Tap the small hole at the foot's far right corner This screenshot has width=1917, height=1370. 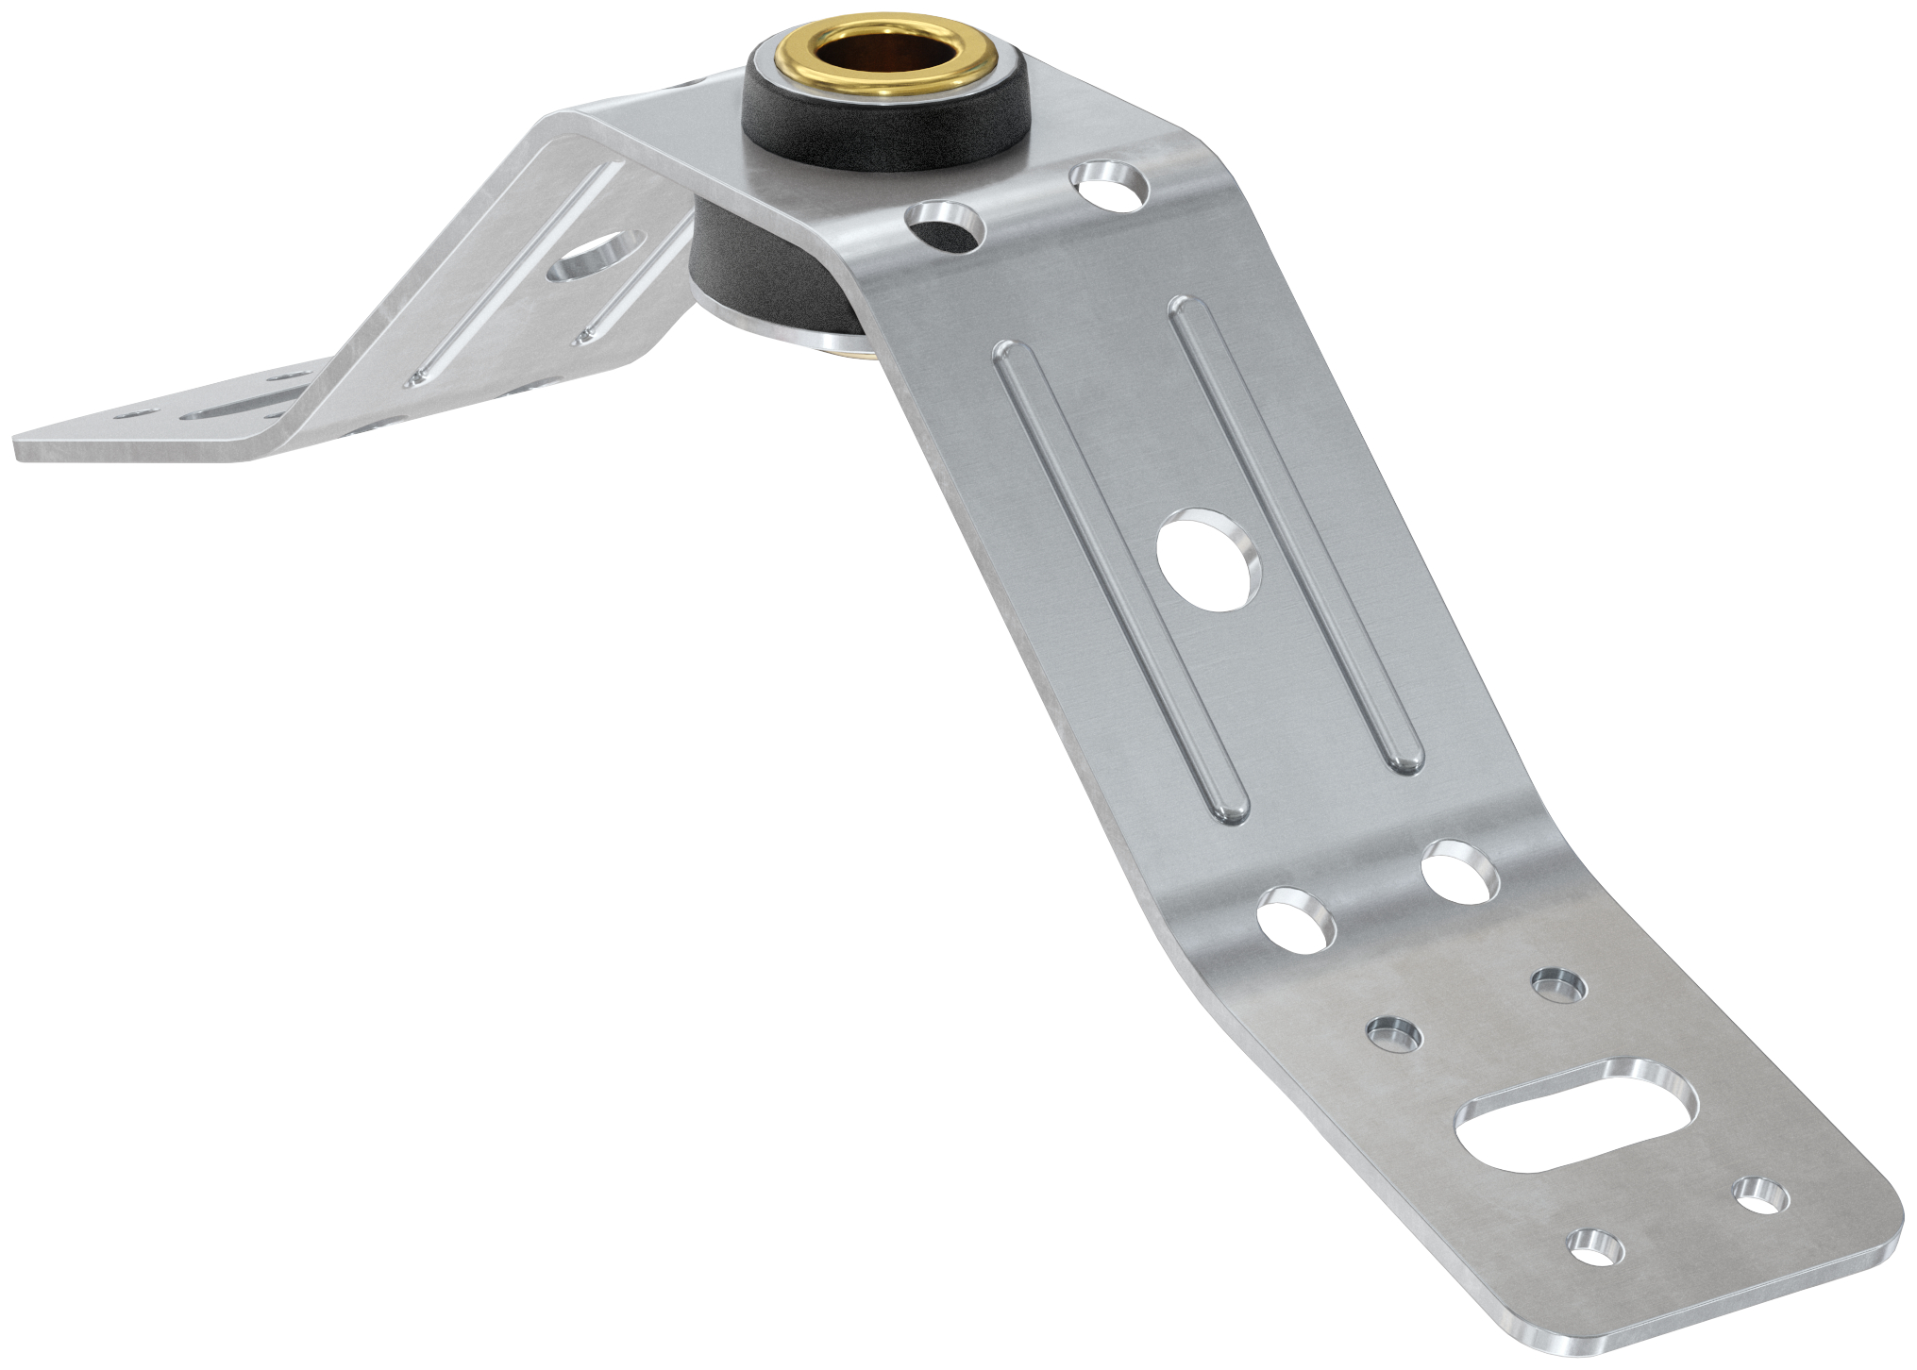[1759, 1195]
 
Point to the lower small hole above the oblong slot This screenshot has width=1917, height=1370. [1394, 1035]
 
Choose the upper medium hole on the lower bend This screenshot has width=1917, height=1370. [1459, 873]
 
